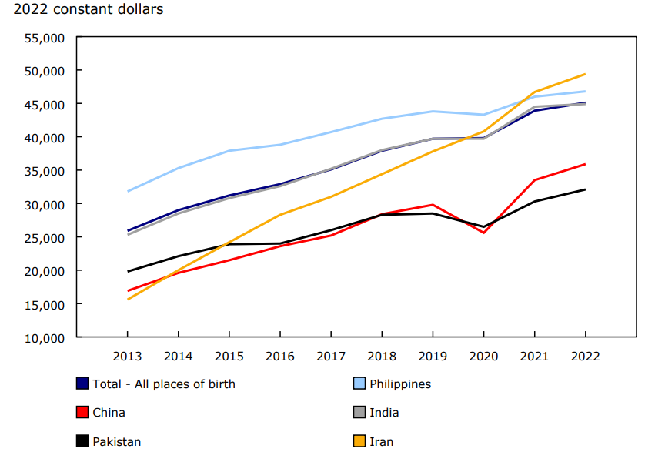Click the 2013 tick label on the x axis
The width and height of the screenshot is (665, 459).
click(x=127, y=357)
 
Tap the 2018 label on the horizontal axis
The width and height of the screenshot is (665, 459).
click(x=382, y=357)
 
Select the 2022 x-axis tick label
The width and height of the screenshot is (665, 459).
click(x=586, y=357)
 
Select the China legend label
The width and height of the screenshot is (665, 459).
click(x=109, y=413)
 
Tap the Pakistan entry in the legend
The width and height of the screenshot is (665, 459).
click(x=116, y=441)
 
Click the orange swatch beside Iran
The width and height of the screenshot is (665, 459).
click(x=359, y=441)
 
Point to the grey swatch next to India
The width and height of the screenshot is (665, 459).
click(x=359, y=413)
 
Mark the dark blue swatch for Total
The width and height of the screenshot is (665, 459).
click(x=82, y=384)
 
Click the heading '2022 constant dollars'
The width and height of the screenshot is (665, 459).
click(x=84, y=10)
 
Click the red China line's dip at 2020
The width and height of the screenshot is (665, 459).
click(x=483, y=233)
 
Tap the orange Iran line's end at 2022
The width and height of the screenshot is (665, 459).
click(x=586, y=74)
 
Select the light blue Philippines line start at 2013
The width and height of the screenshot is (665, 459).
click(x=127, y=191)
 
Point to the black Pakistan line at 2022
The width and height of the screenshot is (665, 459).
click(x=586, y=189)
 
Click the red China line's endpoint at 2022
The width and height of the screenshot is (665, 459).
click(x=586, y=164)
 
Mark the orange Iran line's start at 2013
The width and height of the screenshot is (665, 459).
click(x=127, y=299)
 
